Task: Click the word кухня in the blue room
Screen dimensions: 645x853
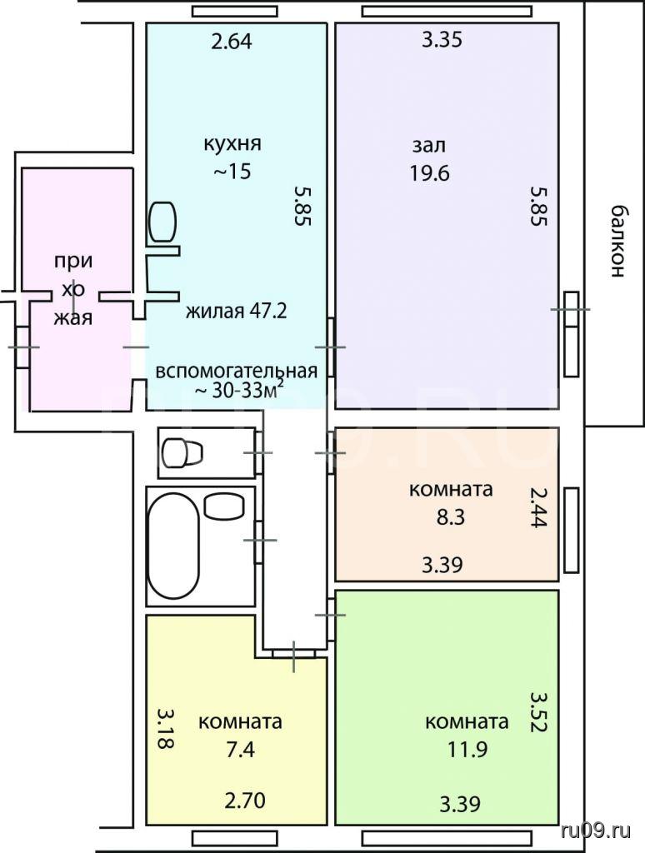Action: (232, 144)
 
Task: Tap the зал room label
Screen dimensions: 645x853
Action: (429, 145)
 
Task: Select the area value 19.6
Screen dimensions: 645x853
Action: (429, 173)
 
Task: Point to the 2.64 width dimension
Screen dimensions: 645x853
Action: (232, 42)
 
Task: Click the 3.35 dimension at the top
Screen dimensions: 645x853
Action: (442, 40)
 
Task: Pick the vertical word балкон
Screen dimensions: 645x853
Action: (616, 242)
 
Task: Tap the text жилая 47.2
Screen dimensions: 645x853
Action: (236, 312)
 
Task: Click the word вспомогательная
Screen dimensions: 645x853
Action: (236, 371)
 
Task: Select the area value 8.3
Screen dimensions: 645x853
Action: (451, 516)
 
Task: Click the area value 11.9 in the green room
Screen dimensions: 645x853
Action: (467, 750)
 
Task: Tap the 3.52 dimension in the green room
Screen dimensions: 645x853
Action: (538, 712)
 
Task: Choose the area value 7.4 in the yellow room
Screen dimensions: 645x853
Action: (240, 750)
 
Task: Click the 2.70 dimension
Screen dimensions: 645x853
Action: (245, 801)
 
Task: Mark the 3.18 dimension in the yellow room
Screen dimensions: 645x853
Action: (165, 728)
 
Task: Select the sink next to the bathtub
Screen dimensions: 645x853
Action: (223, 506)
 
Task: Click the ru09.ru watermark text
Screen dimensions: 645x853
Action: (596, 831)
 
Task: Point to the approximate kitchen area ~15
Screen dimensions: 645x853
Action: (232, 172)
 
